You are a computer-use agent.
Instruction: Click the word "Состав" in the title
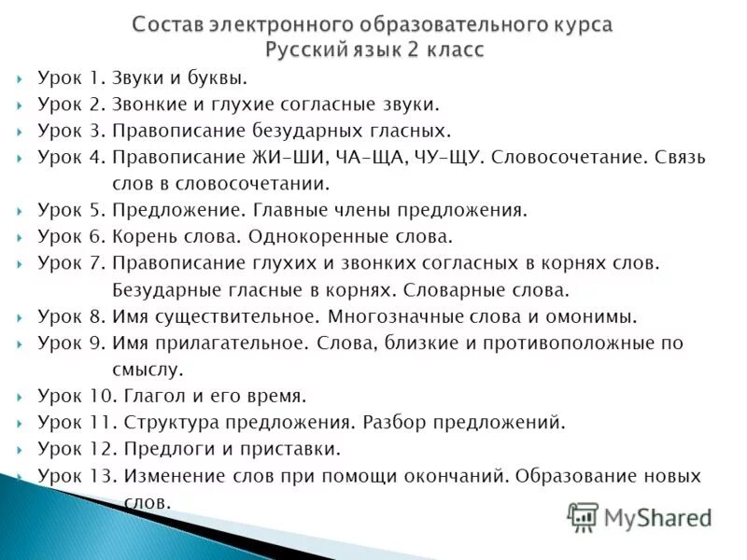(x=166, y=24)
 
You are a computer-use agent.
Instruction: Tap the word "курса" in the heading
(x=577, y=24)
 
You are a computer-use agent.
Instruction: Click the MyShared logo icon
(x=583, y=516)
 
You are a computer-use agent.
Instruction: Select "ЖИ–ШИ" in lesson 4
(x=286, y=157)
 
